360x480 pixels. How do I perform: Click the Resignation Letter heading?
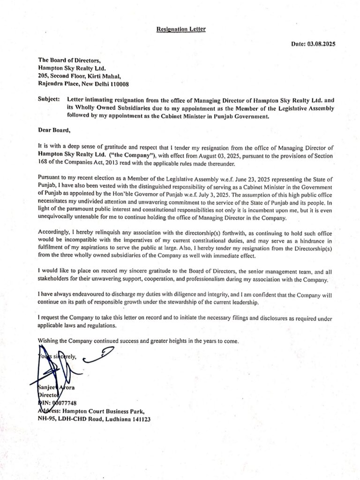coord(181,29)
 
